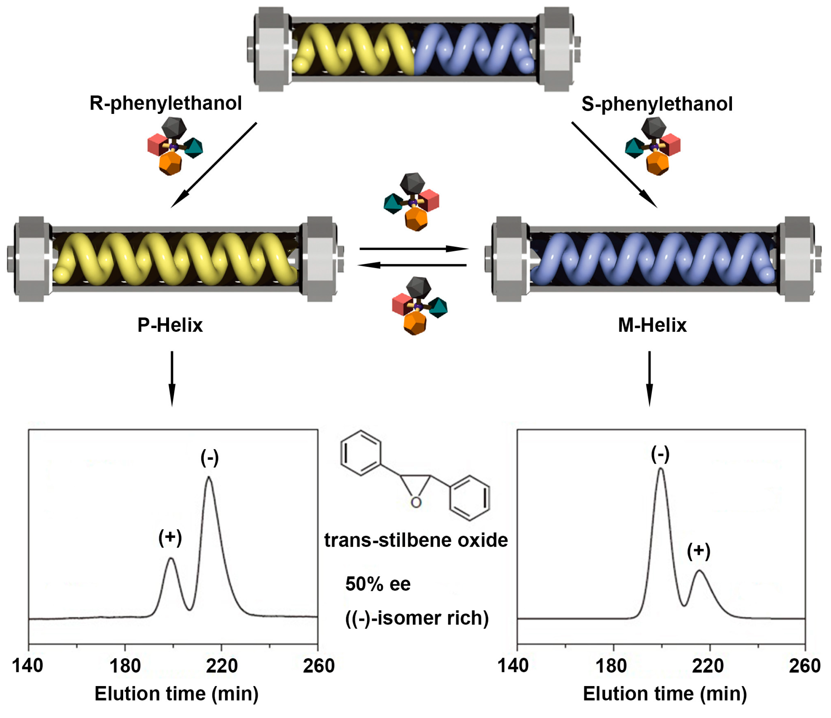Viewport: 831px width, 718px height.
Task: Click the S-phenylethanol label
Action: click(x=657, y=104)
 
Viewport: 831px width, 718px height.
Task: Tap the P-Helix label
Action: click(x=170, y=325)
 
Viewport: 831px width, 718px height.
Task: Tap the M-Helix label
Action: click(x=652, y=325)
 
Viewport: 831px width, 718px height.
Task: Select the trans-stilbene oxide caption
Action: click(x=416, y=540)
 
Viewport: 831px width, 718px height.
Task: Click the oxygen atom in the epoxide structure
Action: click(x=416, y=502)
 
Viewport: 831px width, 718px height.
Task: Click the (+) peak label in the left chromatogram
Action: click(x=170, y=537)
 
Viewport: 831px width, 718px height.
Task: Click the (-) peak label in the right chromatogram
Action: click(x=660, y=454)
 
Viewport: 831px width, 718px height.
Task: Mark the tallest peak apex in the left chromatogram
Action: click(x=209, y=477)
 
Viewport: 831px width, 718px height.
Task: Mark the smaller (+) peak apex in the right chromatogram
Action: click(x=699, y=570)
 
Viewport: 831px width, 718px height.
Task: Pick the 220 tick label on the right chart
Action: click(x=708, y=666)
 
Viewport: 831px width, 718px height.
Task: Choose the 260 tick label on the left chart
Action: click(x=319, y=666)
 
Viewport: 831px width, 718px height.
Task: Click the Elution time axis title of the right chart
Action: click(x=665, y=694)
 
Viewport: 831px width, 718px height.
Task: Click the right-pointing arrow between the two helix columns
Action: click(x=414, y=249)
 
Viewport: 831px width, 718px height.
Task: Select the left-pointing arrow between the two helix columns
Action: click(x=412, y=265)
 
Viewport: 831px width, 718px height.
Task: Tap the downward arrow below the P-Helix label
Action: click(x=172, y=379)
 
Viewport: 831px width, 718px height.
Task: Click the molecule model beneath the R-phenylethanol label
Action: click(x=174, y=146)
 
